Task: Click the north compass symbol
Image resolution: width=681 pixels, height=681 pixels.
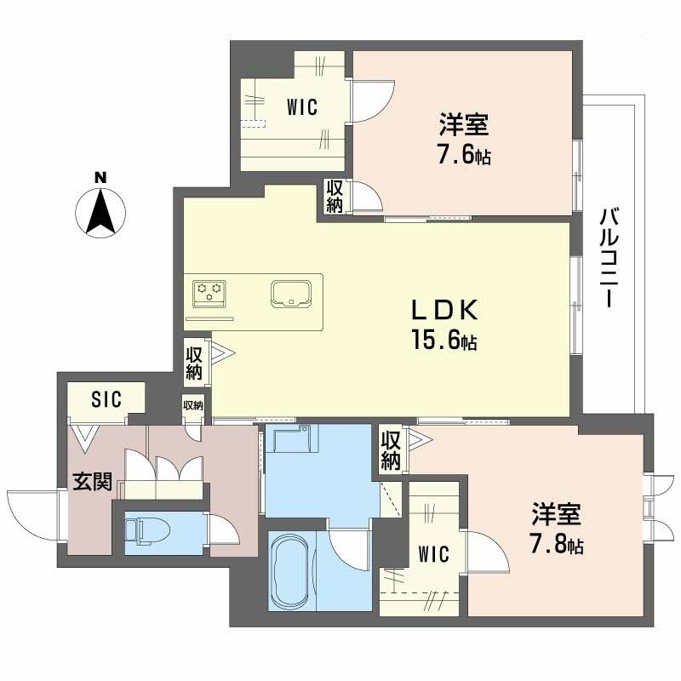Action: pyautogui.click(x=101, y=213)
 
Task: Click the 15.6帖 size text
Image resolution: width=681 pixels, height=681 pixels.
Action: pyautogui.click(x=445, y=342)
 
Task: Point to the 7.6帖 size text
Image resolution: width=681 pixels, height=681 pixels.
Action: pyautogui.click(x=464, y=157)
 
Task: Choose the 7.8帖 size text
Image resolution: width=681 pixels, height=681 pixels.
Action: pyautogui.click(x=558, y=545)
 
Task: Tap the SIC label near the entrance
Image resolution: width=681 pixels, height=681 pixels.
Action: pyautogui.click(x=106, y=398)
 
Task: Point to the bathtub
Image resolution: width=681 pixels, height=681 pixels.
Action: pyautogui.click(x=291, y=571)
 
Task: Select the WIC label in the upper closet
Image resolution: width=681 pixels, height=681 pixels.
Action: pyautogui.click(x=301, y=107)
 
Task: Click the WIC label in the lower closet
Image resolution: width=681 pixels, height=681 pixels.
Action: pyautogui.click(x=433, y=553)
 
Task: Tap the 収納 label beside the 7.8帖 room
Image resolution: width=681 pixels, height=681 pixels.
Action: pyautogui.click(x=391, y=450)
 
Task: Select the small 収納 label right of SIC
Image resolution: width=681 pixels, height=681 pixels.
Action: pyautogui.click(x=193, y=405)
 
